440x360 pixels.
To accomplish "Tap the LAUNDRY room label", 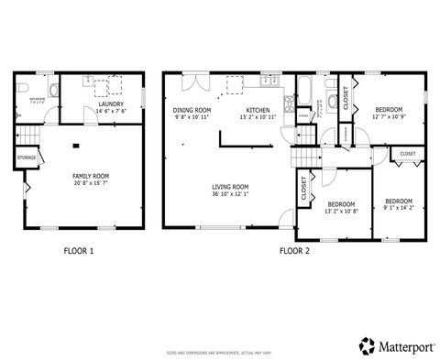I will tap(111, 105).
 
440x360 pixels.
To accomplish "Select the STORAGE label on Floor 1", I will tap(27, 158).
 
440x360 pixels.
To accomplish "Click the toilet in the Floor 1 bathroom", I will tap(54, 90).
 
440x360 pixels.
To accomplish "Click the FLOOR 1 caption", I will tap(78, 250).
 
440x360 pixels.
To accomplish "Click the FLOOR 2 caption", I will tap(294, 250).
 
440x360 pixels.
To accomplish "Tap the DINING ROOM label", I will tap(192, 110).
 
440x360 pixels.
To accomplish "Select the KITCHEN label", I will tap(257, 110).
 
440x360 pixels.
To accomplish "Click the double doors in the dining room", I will tap(192, 82).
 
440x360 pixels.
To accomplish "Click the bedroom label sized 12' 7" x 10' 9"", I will tap(390, 109).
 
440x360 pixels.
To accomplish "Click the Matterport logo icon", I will tap(367, 345).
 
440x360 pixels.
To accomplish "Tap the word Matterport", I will tap(404, 346).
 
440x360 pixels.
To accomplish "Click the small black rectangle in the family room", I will tap(76, 145).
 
